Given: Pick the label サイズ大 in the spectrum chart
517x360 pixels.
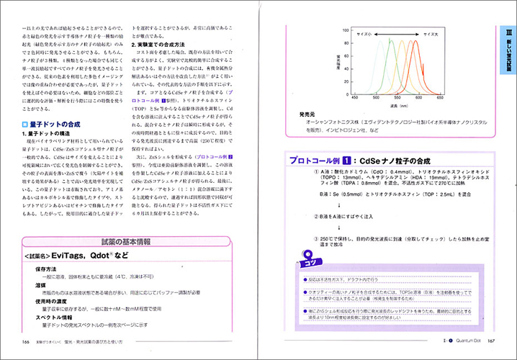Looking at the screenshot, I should (x=431, y=33).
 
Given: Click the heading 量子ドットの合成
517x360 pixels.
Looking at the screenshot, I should (x=57, y=123).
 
